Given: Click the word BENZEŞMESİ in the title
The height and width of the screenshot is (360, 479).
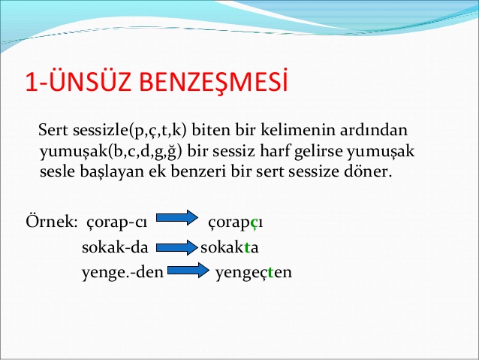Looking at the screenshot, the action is pos(213,82).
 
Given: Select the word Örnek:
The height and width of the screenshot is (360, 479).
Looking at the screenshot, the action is pos(52,221).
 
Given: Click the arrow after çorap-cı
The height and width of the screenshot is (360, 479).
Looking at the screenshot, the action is pos(177,217).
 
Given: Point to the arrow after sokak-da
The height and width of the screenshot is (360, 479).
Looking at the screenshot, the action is pos(177,247).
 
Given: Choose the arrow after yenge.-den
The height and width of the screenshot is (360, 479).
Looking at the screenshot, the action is pos(188,270).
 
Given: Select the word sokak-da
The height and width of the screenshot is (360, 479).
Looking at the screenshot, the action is pos(115,247).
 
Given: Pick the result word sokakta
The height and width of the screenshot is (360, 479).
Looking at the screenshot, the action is pos(230,247).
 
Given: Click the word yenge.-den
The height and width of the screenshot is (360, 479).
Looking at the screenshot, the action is pos(123,272).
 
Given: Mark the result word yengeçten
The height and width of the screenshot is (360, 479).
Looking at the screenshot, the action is pos(254,272).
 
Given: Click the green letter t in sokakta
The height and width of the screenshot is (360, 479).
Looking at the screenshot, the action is pos(247,248).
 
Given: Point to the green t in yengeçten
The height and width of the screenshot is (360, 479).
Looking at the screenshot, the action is pos(270,272).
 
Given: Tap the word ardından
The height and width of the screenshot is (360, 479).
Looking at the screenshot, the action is pos(374,130).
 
